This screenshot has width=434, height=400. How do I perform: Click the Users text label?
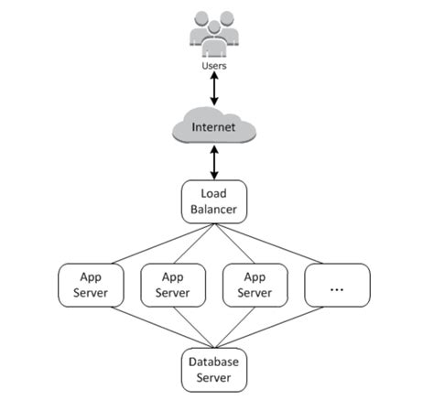(x=213, y=65)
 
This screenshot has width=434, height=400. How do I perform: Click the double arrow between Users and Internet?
(x=213, y=90)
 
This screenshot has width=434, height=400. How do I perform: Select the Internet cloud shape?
(x=213, y=128)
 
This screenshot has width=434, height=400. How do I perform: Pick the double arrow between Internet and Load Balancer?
(x=213, y=163)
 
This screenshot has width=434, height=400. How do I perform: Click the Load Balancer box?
(x=213, y=200)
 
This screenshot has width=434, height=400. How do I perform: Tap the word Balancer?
(x=213, y=210)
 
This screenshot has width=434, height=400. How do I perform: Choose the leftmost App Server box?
(x=90, y=285)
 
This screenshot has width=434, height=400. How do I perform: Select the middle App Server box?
(x=172, y=285)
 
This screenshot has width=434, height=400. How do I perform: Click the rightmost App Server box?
(x=255, y=285)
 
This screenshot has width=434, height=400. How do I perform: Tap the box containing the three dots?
(x=337, y=285)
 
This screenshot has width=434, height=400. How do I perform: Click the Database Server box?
(x=213, y=369)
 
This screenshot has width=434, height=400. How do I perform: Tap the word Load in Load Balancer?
(x=213, y=192)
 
